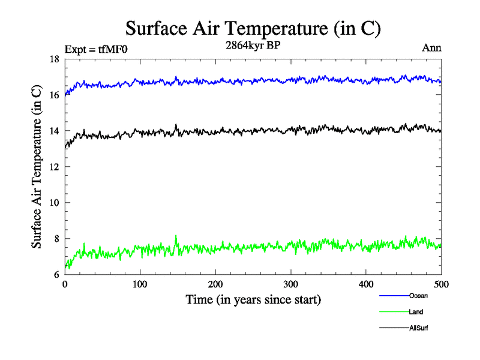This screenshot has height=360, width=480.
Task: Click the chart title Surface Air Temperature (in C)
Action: click(x=253, y=28)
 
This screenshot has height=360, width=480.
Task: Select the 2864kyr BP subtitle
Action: click(x=252, y=46)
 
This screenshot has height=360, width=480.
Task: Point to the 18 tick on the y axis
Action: click(x=54, y=59)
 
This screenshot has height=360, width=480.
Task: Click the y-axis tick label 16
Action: click(x=54, y=95)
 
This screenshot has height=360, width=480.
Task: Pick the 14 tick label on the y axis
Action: click(x=54, y=131)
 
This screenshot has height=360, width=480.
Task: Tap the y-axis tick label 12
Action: click(x=54, y=167)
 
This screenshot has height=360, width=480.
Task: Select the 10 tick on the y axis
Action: click(x=54, y=203)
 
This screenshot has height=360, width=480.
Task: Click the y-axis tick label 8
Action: click(x=56, y=239)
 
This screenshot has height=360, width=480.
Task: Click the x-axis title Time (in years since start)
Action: click(x=253, y=299)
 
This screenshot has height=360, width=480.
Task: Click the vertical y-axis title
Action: click(x=37, y=167)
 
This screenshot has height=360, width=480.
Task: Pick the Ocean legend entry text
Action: click(x=418, y=295)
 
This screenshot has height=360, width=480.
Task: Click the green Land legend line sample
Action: click(x=394, y=311)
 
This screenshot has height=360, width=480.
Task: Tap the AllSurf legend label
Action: click(x=419, y=328)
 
